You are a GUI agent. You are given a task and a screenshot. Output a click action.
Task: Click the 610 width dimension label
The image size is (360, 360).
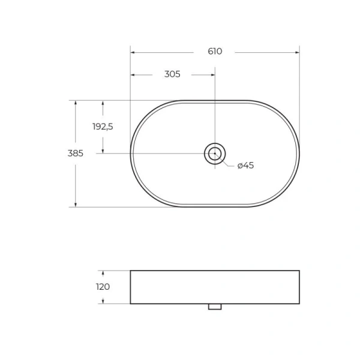215,52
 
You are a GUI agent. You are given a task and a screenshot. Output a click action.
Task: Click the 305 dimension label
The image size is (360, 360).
172,74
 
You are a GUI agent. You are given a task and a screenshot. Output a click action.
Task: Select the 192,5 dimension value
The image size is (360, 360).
103,127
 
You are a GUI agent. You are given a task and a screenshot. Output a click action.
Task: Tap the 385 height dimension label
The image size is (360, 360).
75,153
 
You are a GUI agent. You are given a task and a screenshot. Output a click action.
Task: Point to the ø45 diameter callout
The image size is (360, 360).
245,166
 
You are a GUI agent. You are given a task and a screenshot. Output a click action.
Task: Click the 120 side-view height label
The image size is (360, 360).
103,287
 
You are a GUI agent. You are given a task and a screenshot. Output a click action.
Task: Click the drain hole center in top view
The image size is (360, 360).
215,154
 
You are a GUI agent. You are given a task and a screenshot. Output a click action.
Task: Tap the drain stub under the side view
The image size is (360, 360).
215,307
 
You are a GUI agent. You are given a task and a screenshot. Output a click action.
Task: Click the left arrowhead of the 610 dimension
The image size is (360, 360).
133,52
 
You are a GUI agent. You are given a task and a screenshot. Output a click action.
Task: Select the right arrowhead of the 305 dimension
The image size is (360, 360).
212,74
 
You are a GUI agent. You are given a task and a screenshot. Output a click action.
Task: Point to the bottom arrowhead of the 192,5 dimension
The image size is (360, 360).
103,151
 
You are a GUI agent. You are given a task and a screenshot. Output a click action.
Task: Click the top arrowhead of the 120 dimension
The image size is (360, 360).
103,273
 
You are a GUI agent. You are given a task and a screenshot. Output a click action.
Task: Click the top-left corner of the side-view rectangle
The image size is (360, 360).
131,271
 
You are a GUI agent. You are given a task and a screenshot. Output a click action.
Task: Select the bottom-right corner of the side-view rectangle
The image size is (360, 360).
299,304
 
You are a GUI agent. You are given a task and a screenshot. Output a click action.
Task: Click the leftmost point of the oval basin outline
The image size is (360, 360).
131,154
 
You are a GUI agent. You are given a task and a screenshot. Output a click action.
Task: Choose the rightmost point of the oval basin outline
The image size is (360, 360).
299,154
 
